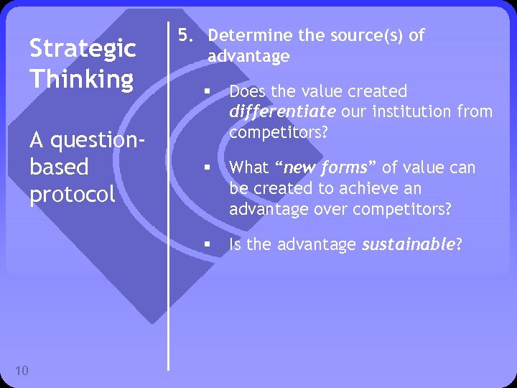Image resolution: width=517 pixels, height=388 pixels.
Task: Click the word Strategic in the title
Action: [x=82, y=49]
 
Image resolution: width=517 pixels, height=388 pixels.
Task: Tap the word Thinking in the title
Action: [x=81, y=79]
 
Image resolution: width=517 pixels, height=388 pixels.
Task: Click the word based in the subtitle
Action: [x=59, y=167]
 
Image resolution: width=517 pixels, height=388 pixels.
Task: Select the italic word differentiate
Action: [x=282, y=112]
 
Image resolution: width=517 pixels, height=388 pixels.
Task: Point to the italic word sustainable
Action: [x=408, y=245]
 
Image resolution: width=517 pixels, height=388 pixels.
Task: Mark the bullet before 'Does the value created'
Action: [x=205, y=92]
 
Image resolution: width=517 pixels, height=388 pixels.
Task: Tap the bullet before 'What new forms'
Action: [x=205, y=168]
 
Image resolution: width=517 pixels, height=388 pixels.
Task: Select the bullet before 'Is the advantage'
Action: [x=205, y=245]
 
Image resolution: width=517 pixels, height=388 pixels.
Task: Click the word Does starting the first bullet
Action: [x=246, y=92]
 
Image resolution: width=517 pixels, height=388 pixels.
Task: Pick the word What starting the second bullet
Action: [x=248, y=168]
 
